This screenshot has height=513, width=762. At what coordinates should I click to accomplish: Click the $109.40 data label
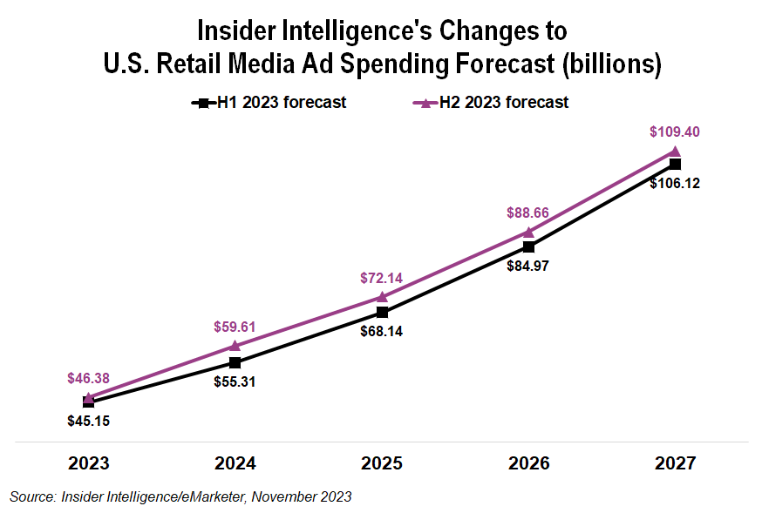(x=674, y=132)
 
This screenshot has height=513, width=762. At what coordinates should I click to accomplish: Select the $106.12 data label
(x=674, y=184)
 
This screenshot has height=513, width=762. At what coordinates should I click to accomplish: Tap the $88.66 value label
(x=528, y=213)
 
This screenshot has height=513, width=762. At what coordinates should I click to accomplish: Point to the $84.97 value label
(x=528, y=267)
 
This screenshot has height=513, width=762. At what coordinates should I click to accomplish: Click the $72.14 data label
(x=382, y=278)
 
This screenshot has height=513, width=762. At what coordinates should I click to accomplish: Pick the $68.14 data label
(x=382, y=331)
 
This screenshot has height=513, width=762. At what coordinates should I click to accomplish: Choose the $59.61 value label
(x=235, y=327)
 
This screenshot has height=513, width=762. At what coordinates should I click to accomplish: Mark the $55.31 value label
(x=235, y=381)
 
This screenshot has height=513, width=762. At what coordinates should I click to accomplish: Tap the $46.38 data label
(x=89, y=378)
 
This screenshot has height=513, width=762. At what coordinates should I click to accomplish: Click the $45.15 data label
(x=89, y=421)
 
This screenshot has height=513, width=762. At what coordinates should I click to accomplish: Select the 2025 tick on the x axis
(x=382, y=462)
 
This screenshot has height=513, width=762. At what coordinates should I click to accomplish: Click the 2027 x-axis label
(x=675, y=462)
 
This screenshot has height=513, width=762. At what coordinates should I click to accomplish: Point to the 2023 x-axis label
(x=89, y=462)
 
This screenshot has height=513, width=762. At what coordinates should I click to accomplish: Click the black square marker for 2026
(x=528, y=246)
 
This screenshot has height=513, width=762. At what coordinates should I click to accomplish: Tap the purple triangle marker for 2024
(x=235, y=346)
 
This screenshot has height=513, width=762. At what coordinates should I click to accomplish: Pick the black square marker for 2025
(x=382, y=311)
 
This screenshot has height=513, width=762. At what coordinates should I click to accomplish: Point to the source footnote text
(x=180, y=496)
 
